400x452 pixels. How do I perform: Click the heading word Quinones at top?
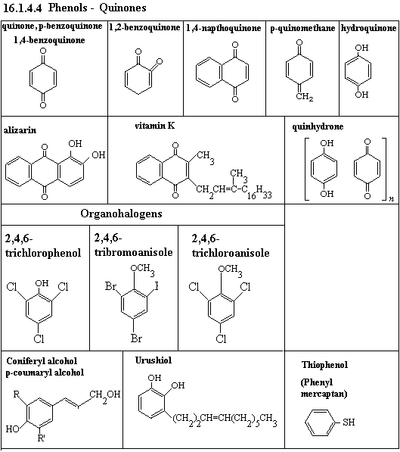point(122,8)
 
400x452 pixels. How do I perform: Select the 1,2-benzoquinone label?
point(144,27)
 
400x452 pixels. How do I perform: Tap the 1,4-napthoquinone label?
point(224,28)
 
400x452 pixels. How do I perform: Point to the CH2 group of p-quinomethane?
point(305,96)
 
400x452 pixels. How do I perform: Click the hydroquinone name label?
point(368,28)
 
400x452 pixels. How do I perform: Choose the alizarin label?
point(20,130)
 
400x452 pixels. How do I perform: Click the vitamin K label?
point(155,126)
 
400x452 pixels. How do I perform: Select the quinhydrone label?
point(318,126)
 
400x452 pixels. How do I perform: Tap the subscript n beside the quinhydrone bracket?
point(391,199)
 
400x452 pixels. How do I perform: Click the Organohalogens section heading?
point(121,214)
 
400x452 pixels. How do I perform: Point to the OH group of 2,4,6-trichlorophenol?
point(42,283)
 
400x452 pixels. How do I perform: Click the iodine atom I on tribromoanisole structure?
point(157,286)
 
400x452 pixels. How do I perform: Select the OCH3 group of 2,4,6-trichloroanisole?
point(230,270)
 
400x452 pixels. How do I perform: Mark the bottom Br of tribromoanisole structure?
point(136,338)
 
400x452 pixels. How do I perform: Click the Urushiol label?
point(153,360)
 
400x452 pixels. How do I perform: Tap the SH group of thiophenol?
point(349,422)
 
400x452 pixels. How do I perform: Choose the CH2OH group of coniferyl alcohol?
point(105,395)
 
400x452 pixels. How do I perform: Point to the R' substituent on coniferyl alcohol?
point(41,438)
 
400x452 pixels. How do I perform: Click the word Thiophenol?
point(324,365)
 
